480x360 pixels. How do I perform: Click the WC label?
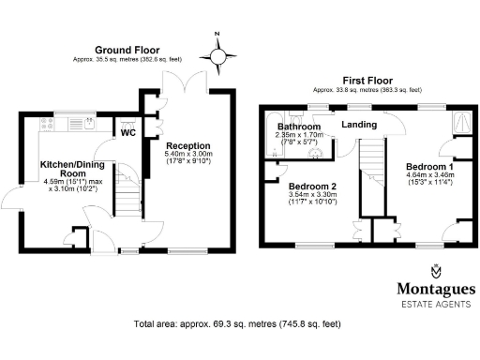(128, 131)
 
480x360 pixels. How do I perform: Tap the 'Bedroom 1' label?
(430, 165)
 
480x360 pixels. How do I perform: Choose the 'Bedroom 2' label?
(313, 185)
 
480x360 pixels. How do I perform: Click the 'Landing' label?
(359, 125)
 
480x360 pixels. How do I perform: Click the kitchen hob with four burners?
(48, 123)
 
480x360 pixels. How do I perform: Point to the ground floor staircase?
(126, 198)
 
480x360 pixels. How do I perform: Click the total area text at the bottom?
(236, 324)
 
